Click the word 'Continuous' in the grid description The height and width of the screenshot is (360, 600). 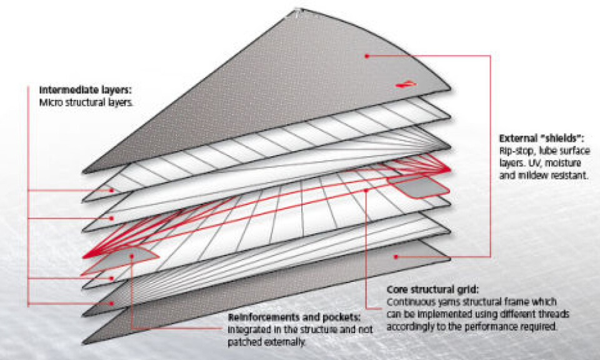410,302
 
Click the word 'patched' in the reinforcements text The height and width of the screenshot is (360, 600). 247,342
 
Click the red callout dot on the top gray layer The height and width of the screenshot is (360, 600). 367,56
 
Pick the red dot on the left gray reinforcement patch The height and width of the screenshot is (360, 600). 132,254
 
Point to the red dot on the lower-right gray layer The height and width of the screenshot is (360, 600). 396,257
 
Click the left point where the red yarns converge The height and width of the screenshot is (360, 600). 84,257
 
